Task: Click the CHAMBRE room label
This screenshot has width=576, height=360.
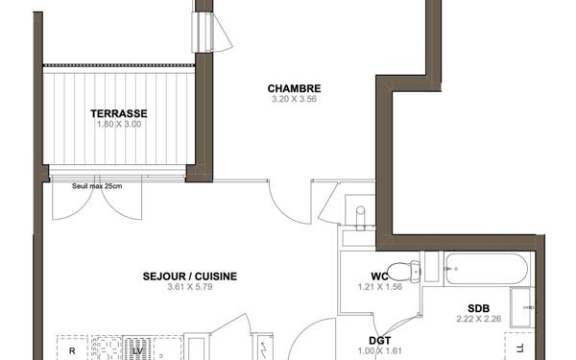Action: [x=287, y=89]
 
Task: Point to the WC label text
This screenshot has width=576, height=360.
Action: [x=379, y=277]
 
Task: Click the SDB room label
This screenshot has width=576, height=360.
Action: [x=478, y=308]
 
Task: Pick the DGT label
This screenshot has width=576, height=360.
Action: [x=379, y=340]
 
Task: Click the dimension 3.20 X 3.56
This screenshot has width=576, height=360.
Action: [x=287, y=100]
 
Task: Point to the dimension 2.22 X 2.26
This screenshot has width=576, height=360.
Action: [x=478, y=319]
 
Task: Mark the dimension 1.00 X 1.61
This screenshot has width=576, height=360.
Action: [x=379, y=350]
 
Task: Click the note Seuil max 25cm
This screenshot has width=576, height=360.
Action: [x=98, y=186]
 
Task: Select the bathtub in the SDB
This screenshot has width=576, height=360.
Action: [x=486, y=269]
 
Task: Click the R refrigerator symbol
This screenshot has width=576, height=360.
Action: [x=72, y=350]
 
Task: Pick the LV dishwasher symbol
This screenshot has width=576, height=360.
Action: [x=138, y=350]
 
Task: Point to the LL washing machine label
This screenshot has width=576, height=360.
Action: [x=520, y=348]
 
